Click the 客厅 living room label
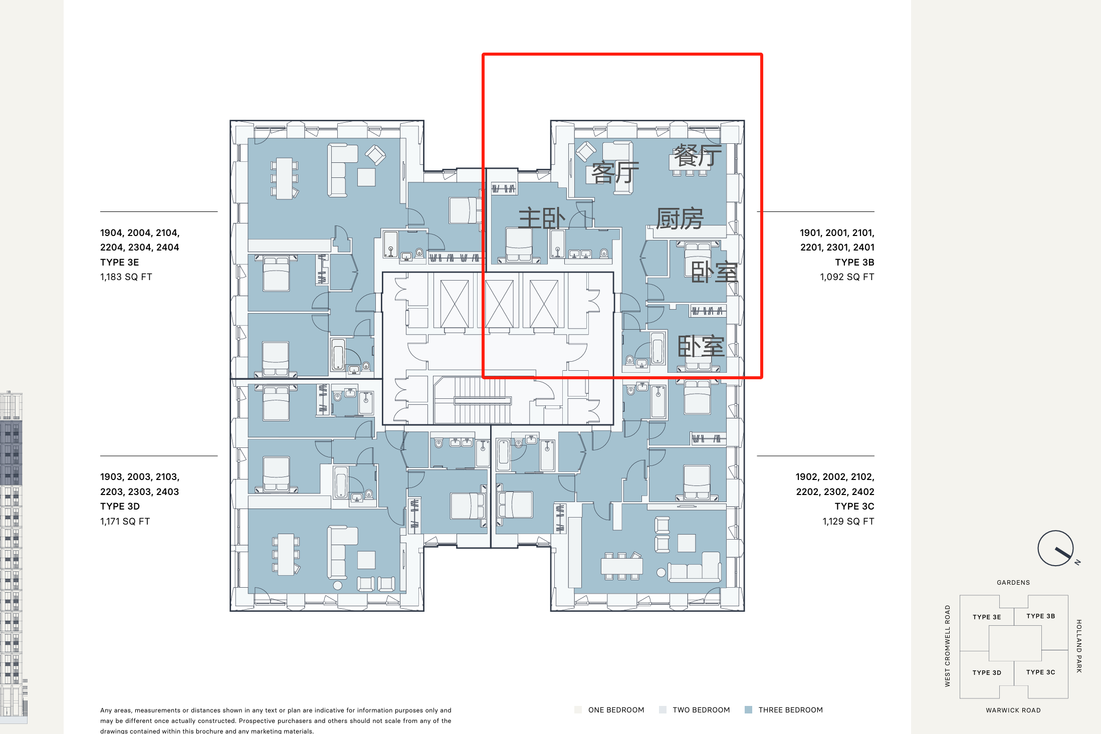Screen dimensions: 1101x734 615,173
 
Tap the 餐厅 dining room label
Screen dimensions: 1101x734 698,155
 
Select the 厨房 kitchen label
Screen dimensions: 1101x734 680,218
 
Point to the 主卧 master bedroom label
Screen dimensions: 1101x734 542,218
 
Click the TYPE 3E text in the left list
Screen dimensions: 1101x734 119,262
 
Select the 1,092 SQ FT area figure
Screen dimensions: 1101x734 847,277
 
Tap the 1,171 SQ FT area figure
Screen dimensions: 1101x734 125,521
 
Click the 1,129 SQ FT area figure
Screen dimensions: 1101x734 848,521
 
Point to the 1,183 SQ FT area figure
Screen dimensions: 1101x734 126,277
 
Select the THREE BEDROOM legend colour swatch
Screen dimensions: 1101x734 748,709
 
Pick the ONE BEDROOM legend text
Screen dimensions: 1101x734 616,710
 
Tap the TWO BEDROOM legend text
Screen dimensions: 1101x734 701,710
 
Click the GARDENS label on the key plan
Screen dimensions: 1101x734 1013,582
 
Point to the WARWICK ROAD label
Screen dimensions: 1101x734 1013,710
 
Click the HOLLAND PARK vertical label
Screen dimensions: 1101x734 1079,646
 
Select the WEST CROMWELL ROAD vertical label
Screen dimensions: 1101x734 947,646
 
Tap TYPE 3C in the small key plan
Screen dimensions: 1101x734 1040,672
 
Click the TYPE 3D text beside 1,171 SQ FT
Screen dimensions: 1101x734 120,506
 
